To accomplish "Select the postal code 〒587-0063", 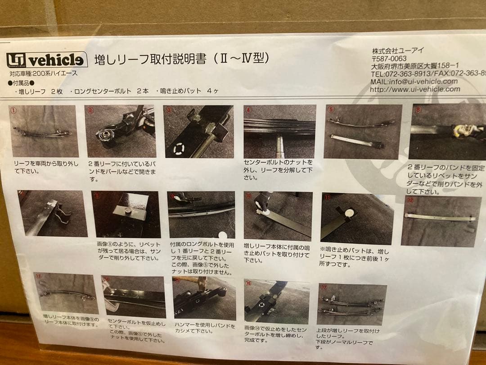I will (x=389, y=58).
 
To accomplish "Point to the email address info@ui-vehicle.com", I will (x=414, y=82).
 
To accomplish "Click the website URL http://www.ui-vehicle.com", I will (x=415, y=89).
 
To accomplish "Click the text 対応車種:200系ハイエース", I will (x=43, y=73).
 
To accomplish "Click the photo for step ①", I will (x=44, y=131).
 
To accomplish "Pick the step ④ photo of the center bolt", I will (x=279, y=132).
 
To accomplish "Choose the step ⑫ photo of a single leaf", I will (x=441, y=221).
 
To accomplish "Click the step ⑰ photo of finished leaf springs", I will (x=351, y=304).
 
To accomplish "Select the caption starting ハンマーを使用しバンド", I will (x=205, y=328).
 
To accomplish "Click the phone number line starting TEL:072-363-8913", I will (x=427, y=73).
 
